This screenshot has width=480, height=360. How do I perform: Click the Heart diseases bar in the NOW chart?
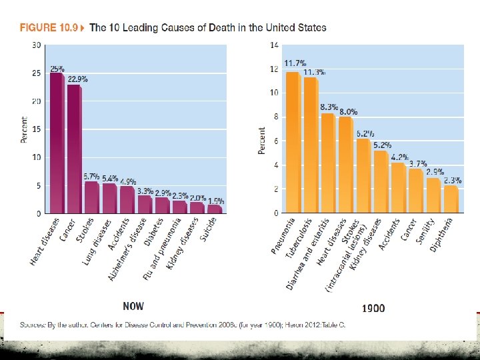click(57, 143)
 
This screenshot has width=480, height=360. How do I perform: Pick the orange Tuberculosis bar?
click(311, 145)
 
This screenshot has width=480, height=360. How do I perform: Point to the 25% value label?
click(57, 69)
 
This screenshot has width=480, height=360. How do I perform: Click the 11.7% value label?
click(295, 63)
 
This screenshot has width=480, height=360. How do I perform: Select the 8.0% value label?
click(348, 112)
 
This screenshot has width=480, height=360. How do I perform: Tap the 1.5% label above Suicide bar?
click(215, 201)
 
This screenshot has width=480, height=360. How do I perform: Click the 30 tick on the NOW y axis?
click(37, 45)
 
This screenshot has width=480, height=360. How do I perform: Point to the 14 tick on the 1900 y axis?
click(273, 45)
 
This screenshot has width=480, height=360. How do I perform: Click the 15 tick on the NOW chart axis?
click(37, 129)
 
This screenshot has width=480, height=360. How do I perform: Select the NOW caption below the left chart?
click(133, 307)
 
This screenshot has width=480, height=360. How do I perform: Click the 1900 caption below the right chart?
click(373, 308)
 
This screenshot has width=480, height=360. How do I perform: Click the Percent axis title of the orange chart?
click(261, 141)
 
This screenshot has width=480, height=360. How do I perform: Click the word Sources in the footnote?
click(33, 325)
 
